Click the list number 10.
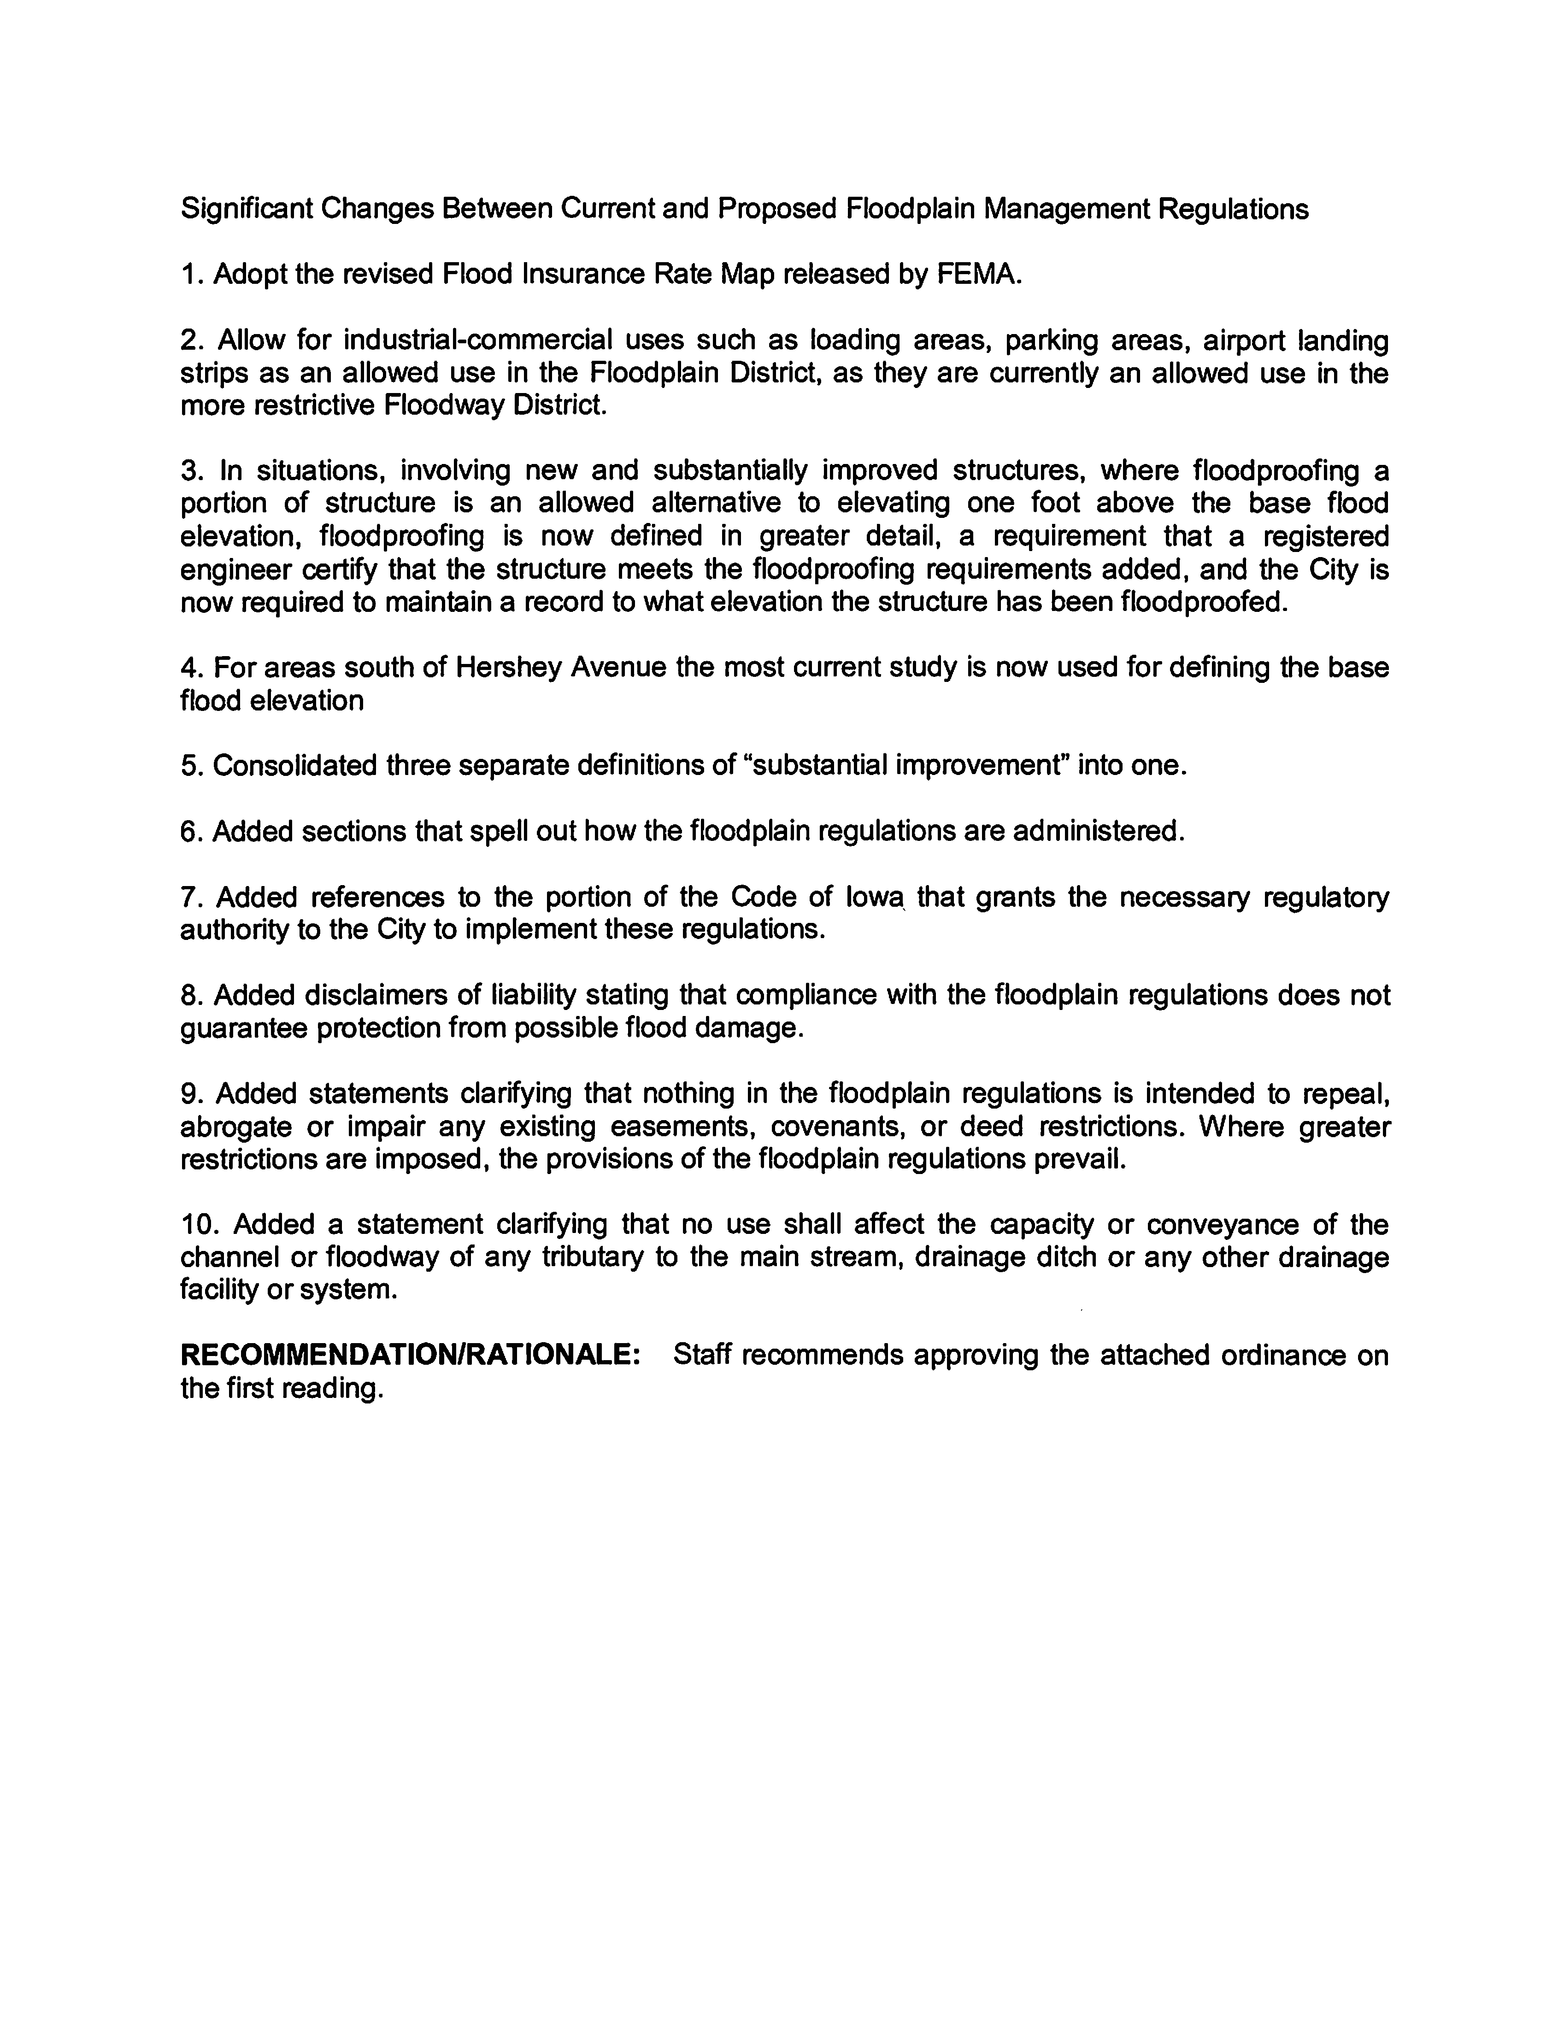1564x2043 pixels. (x=197, y=1225)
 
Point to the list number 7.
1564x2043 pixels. (x=191, y=897)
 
